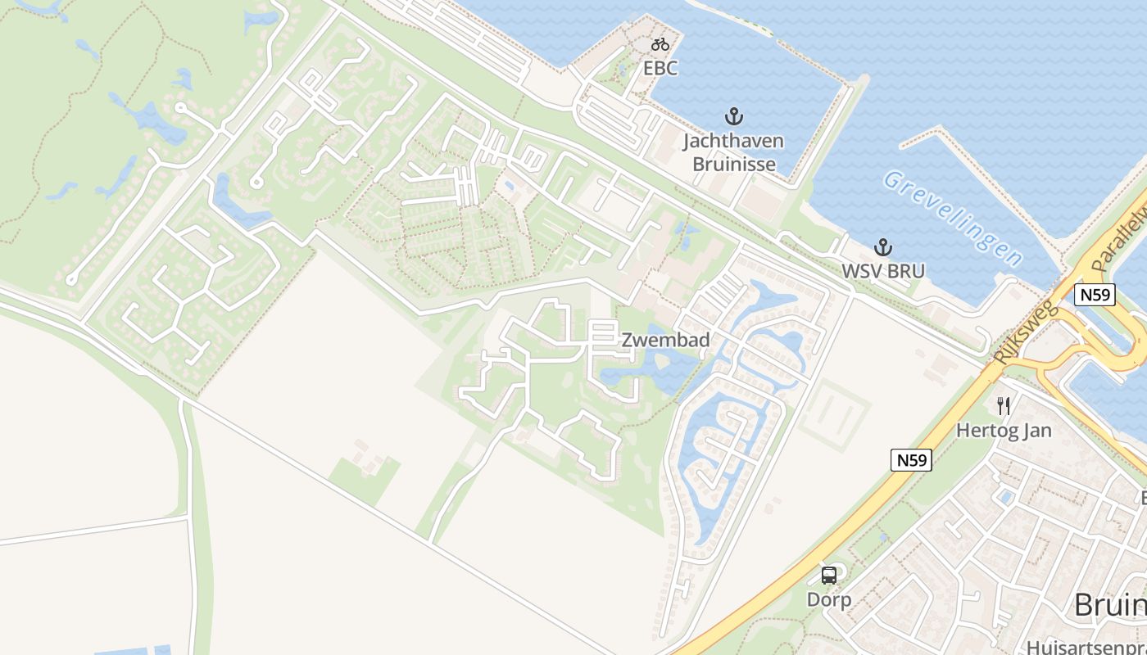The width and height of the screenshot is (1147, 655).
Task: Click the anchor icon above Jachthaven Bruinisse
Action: click(x=733, y=116)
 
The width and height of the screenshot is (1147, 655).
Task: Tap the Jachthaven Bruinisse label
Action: click(x=733, y=152)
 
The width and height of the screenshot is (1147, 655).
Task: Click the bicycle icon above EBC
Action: click(x=660, y=44)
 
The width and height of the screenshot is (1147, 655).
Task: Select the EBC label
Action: click(x=660, y=68)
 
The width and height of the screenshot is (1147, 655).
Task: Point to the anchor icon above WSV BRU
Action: click(x=882, y=246)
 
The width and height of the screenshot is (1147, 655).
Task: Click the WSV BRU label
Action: click(x=882, y=271)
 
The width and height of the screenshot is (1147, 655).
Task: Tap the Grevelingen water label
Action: click(x=954, y=218)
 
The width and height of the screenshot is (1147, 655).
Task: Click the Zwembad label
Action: click(x=664, y=340)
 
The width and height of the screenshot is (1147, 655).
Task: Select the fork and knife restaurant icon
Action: click(x=1004, y=405)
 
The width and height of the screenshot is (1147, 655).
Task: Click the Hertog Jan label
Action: click(x=1004, y=430)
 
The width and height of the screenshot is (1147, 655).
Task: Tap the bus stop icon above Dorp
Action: click(x=829, y=575)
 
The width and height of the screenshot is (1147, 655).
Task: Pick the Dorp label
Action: click(x=829, y=599)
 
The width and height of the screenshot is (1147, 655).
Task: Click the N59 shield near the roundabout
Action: click(x=1095, y=295)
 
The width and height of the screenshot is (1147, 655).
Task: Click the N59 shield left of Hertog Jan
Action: click(x=911, y=460)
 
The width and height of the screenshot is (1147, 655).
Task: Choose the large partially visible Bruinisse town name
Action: click(x=1109, y=605)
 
